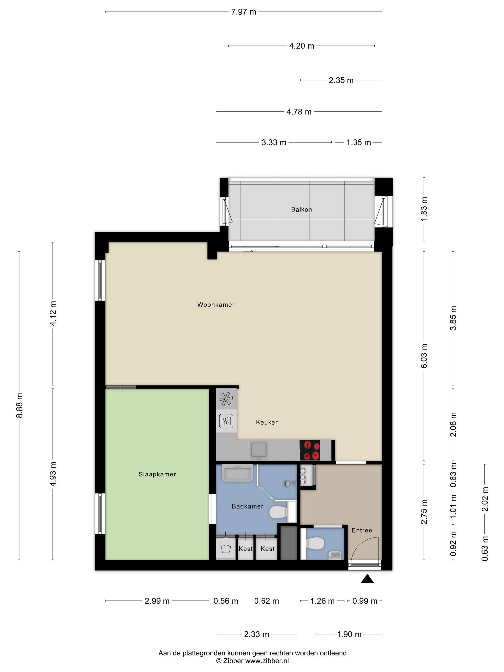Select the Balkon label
coord(301,209)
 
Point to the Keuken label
coord(267,422)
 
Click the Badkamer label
coord(247,506)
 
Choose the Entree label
coord(361,530)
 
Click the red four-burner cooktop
coord(310,450)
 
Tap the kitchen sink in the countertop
coord(258,450)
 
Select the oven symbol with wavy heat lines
coord(226,421)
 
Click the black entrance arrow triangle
coord(367,579)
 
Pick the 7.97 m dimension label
coord(244,12)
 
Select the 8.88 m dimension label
coord(19,405)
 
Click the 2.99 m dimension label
coord(157,601)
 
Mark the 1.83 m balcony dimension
coord(424,209)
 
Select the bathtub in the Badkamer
coord(237,473)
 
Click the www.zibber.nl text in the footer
coord(267,661)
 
